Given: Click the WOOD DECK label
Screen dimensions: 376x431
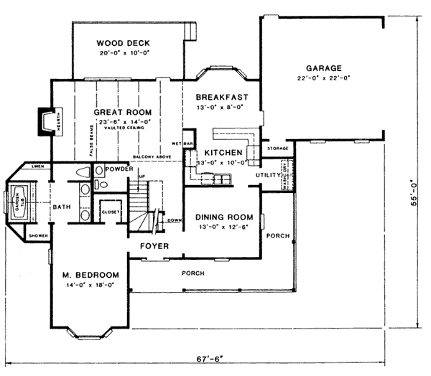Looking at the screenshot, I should (124, 43).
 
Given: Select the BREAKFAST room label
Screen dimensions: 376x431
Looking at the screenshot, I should (222, 97).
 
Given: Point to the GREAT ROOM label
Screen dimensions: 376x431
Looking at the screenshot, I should (123, 113).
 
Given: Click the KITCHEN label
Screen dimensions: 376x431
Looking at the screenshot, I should (222, 153).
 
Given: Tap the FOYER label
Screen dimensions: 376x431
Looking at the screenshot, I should (154, 246).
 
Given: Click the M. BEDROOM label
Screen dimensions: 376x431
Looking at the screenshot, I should (90, 275).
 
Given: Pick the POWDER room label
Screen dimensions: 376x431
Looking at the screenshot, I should (116, 169).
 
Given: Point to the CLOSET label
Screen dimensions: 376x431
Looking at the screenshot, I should (110, 212).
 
